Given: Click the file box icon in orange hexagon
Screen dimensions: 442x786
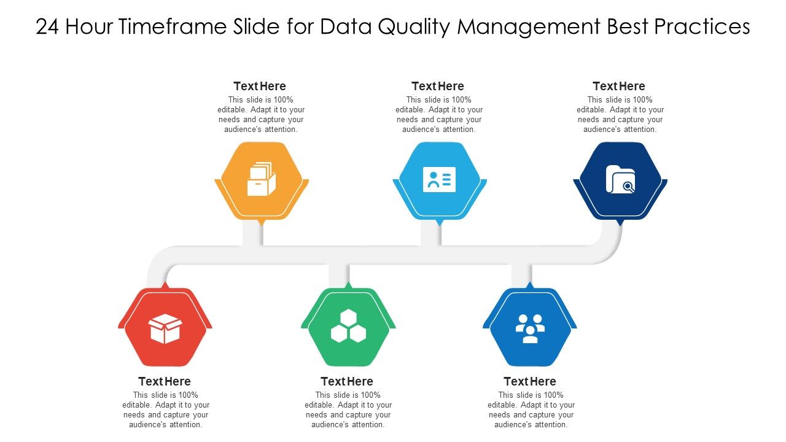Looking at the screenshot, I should tap(262, 179).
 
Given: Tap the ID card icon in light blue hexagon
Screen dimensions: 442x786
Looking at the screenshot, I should tap(439, 179).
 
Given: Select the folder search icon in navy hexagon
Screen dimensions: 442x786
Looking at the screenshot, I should tap(620, 179).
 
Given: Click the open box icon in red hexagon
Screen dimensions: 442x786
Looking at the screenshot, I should tap(165, 329).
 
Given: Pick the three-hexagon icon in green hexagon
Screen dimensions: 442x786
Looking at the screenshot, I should tap(348, 327).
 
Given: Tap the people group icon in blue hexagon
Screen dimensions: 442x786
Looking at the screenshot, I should tap(530, 328).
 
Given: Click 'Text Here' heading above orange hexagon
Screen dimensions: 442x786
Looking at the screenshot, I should tap(260, 86).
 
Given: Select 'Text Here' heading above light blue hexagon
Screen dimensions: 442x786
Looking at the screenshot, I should tap(438, 86).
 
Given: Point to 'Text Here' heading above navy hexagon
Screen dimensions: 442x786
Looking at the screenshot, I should tap(619, 86).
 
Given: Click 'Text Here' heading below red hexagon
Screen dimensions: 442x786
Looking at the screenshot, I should tap(165, 381).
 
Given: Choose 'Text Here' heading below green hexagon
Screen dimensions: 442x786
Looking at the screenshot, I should tap(347, 381).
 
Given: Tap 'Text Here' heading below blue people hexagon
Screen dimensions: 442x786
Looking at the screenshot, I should tap(530, 381).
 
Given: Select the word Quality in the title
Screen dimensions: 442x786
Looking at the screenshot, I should tap(410, 27).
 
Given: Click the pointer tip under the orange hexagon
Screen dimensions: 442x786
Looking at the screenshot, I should tap(262, 222).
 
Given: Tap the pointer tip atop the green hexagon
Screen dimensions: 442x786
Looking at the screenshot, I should tap(348, 285).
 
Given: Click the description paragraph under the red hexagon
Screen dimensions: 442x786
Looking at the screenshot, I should tap(166, 409).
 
